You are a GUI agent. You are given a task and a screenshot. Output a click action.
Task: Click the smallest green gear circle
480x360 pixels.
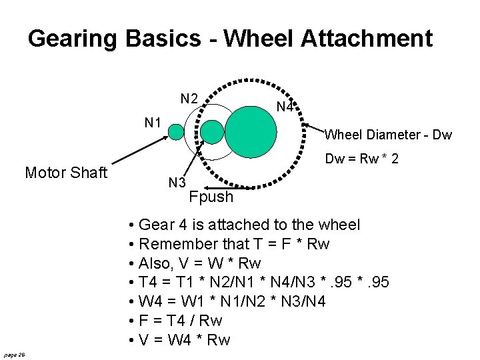click(176, 132)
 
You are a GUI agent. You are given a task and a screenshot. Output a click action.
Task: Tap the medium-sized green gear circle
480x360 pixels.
click(213, 132)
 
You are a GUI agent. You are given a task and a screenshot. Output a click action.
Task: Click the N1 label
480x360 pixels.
click(154, 122)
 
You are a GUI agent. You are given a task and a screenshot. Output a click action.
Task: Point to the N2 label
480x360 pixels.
click(189, 99)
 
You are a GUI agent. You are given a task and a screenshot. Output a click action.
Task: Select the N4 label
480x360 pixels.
click(285, 107)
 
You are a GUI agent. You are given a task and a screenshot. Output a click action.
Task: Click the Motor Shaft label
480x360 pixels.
click(66, 173)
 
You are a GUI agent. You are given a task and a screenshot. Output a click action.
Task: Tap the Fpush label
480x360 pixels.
click(211, 197)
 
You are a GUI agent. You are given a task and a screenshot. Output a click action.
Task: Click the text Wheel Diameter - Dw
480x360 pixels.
click(388, 135)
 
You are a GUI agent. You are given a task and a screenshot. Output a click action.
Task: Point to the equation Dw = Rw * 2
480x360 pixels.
click(362, 159)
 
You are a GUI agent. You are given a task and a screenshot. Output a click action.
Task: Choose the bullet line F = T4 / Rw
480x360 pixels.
click(180, 321)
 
